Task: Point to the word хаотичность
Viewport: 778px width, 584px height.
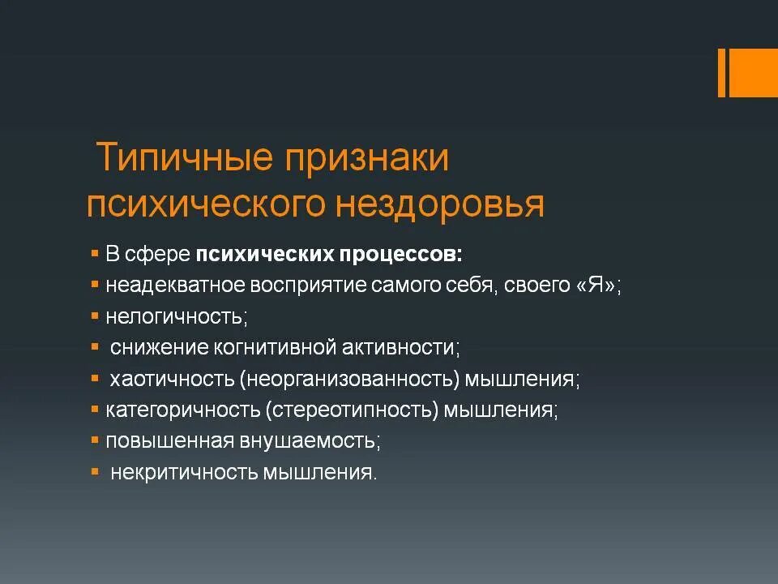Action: point(171,379)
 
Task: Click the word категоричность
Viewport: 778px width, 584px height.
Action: point(183,410)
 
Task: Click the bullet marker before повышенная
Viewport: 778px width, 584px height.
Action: point(95,440)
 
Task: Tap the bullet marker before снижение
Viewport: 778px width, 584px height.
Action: point(95,346)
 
